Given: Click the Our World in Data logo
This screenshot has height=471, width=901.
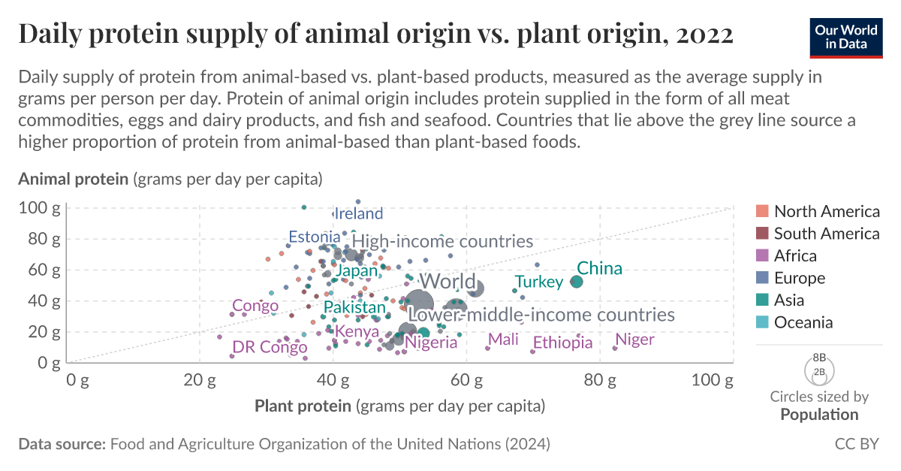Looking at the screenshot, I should click(x=846, y=35).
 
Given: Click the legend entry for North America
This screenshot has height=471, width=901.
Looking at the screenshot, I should click(x=826, y=211).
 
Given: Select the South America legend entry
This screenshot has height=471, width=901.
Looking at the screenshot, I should click(x=826, y=234).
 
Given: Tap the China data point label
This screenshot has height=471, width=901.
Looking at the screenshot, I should click(x=599, y=268).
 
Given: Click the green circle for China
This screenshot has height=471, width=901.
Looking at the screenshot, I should click(x=577, y=282).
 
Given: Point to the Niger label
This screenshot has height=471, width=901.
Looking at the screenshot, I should click(x=634, y=340).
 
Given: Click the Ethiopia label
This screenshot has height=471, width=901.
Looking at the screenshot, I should click(x=562, y=343).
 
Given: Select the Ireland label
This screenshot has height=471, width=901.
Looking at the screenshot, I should click(x=358, y=213).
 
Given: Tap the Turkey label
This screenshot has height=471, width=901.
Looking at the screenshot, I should click(x=538, y=282).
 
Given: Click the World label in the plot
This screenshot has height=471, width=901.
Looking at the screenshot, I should click(x=447, y=282).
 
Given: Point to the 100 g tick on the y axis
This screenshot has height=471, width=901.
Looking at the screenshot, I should click(x=40, y=207).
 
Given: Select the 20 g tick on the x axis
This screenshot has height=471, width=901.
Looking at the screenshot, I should click(x=200, y=380).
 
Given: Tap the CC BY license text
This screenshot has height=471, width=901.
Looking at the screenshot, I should click(x=857, y=444).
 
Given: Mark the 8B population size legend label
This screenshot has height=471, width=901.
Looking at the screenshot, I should click(x=819, y=358).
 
